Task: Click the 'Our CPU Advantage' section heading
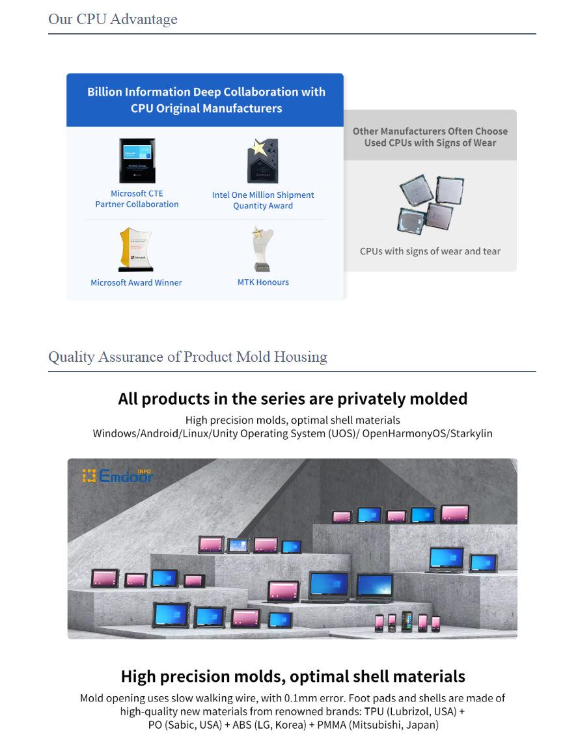tap(113, 20)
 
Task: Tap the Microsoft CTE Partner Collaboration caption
tap(137, 198)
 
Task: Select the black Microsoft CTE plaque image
tap(137, 161)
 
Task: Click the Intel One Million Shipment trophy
tap(262, 161)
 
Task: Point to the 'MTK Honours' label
tap(263, 282)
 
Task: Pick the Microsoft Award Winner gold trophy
tap(136, 249)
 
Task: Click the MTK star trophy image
tap(263, 249)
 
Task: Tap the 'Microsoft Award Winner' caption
tap(136, 282)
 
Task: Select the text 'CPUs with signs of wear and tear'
tap(430, 251)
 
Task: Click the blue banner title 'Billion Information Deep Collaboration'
tap(206, 92)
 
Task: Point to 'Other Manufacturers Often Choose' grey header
tap(430, 131)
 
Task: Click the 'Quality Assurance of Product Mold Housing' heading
tap(187, 357)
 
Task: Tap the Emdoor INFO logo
tap(118, 475)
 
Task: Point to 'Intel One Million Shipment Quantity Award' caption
tap(263, 200)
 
